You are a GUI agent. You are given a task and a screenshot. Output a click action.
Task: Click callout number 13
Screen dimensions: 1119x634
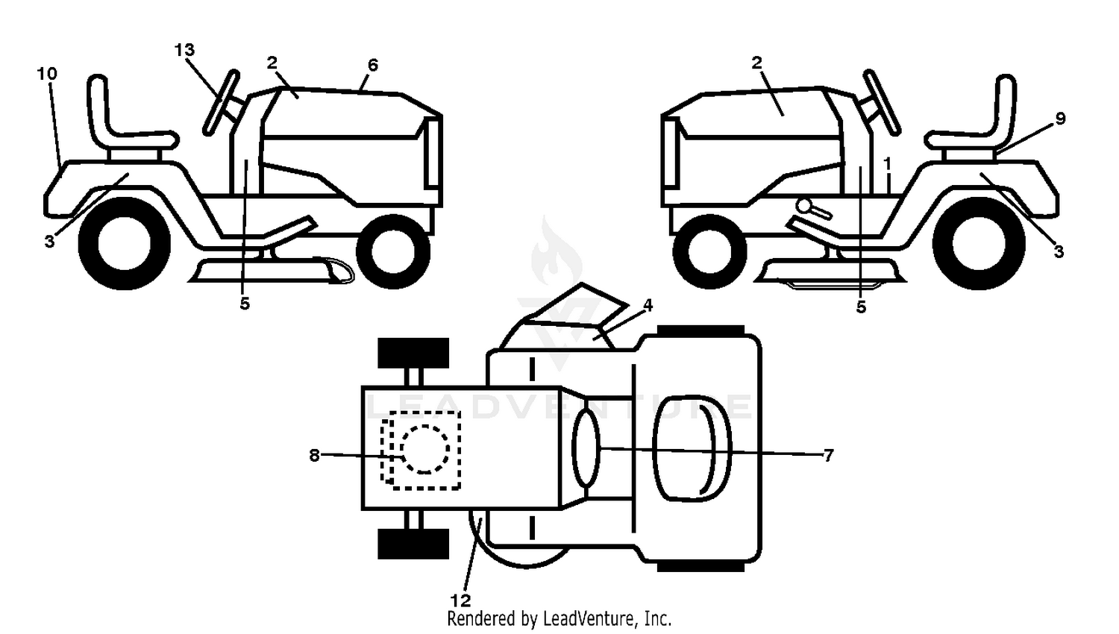click(184, 50)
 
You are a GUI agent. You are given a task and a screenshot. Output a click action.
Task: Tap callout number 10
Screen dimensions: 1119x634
click(47, 74)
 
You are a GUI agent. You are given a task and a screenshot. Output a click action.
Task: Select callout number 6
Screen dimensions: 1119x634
click(373, 65)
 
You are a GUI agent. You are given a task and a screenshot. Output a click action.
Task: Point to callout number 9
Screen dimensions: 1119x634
click(1060, 119)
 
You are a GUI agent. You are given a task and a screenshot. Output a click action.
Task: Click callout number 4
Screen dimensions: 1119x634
click(648, 305)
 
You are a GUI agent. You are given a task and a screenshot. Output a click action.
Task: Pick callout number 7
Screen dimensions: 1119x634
click(828, 455)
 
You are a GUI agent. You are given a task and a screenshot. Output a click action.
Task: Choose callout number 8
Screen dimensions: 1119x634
click(314, 455)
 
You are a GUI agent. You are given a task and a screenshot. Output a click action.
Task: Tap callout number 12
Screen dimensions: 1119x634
click(460, 600)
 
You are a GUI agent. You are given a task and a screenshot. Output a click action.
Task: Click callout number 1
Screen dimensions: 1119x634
click(887, 163)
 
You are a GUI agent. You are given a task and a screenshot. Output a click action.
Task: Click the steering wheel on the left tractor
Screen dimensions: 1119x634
click(221, 103)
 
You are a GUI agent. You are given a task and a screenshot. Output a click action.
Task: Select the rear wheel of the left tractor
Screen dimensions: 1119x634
click(125, 243)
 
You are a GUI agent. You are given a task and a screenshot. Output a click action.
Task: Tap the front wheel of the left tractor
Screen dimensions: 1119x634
click(393, 251)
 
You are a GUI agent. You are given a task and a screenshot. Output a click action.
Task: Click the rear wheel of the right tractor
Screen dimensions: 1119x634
click(979, 243)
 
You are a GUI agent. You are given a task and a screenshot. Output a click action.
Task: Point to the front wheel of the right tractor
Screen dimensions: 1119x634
click(710, 251)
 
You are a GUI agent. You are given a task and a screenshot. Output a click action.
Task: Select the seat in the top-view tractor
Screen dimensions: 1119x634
click(692, 448)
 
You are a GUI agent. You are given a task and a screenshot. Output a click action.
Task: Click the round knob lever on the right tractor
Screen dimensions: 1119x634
click(805, 207)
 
